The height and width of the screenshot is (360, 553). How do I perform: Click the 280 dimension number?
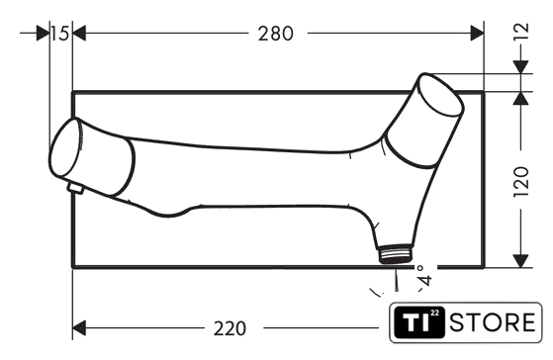[x=275, y=34]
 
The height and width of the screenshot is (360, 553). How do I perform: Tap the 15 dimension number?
[x=59, y=34]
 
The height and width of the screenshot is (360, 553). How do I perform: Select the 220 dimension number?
[x=230, y=328]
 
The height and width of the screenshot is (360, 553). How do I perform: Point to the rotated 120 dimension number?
[x=521, y=182]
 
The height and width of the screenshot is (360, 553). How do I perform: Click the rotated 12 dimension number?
[x=521, y=31]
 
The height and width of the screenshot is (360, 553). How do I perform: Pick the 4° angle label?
[x=424, y=276]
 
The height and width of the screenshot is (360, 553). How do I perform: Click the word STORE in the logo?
[x=493, y=322]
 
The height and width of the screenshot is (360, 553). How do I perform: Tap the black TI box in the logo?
[x=419, y=322]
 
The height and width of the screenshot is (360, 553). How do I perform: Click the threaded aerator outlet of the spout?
[x=396, y=253]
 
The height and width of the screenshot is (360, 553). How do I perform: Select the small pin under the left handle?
[x=75, y=188]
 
